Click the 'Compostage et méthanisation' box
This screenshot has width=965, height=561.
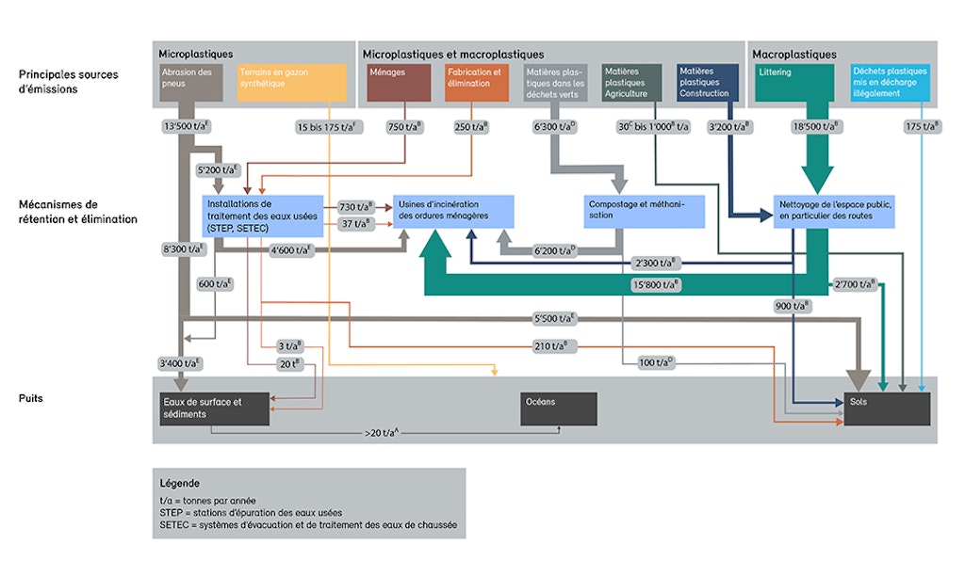pyautogui.click(x=644, y=210)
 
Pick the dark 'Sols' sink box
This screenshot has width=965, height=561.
pyautogui.click(x=887, y=409)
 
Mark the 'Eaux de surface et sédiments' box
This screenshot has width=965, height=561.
pyautogui.click(x=213, y=409)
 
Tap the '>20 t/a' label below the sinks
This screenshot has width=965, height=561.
pyautogui.click(x=385, y=434)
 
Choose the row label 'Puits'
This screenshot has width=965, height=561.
pyautogui.click(x=31, y=398)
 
